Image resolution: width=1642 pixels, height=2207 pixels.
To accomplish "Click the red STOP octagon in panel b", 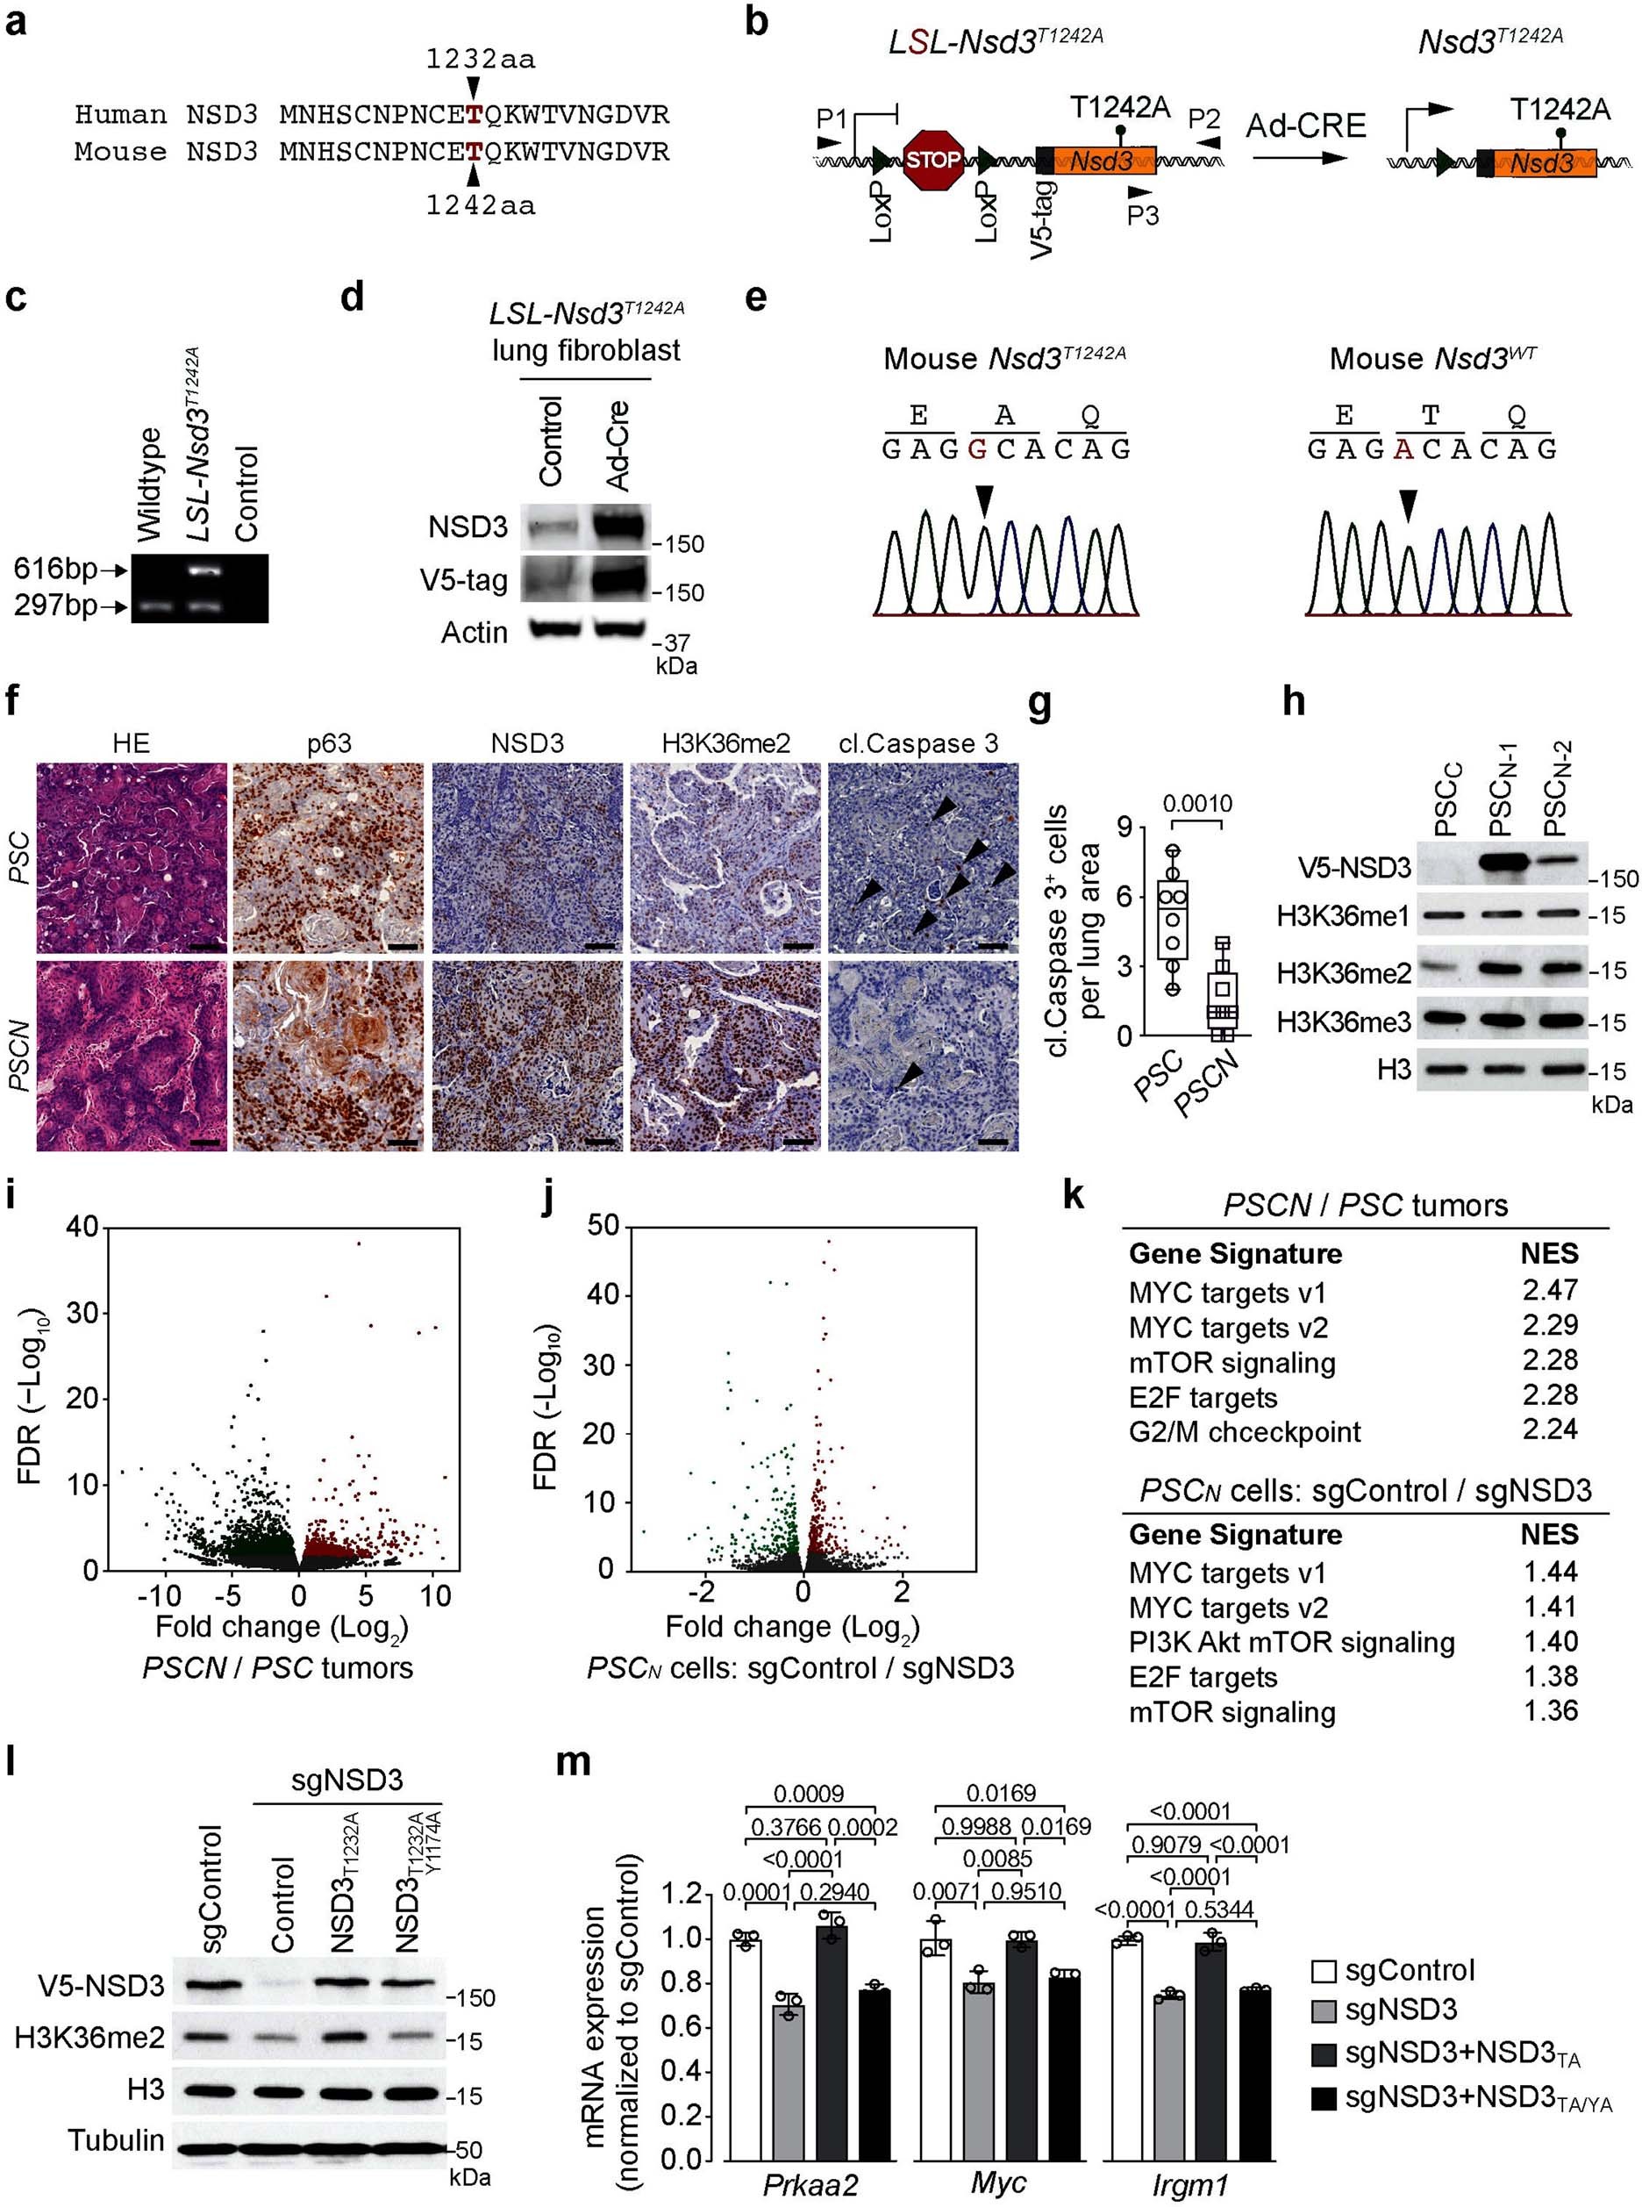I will point(933,159).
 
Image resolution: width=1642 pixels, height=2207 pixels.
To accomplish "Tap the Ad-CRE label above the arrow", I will point(1306,126).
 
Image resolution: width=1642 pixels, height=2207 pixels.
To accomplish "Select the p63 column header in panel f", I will point(328,742).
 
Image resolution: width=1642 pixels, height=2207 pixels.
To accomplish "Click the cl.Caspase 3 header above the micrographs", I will point(918,742).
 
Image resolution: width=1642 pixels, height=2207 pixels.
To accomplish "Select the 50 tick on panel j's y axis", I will point(603,1227).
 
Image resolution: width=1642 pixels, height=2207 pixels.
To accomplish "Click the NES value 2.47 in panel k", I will point(1550,1290).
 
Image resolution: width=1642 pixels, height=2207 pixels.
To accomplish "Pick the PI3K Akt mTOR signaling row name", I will point(1291,1643).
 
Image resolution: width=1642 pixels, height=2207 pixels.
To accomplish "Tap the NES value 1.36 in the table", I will point(1551,1711).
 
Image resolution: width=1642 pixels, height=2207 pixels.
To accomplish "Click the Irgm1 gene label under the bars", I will point(1189,2185).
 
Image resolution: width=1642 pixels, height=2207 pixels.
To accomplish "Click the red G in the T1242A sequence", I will point(977,449).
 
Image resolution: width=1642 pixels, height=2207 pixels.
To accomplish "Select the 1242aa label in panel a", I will point(480,206).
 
